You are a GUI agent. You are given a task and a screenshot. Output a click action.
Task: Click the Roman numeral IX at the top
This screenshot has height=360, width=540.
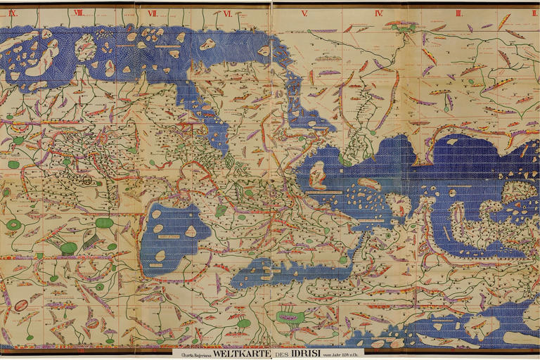click(x=12, y=13)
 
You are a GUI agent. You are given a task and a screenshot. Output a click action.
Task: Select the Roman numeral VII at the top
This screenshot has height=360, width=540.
click(x=152, y=13)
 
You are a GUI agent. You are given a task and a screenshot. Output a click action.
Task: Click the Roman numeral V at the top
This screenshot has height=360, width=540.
click(x=304, y=13)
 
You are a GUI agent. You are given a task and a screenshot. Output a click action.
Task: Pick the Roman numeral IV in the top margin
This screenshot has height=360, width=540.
click(x=379, y=13)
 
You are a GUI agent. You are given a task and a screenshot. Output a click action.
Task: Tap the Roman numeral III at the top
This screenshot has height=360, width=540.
click(x=458, y=13)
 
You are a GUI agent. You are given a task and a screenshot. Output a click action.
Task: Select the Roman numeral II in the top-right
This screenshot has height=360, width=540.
click(x=534, y=13)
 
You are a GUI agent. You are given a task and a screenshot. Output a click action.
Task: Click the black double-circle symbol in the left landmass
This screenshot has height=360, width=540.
click(x=86, y=181)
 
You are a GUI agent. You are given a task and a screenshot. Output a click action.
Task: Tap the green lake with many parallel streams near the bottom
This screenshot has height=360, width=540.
click(x=288, y=318)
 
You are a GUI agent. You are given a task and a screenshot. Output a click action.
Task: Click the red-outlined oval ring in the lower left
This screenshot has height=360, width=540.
click(x=22, y=305)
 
